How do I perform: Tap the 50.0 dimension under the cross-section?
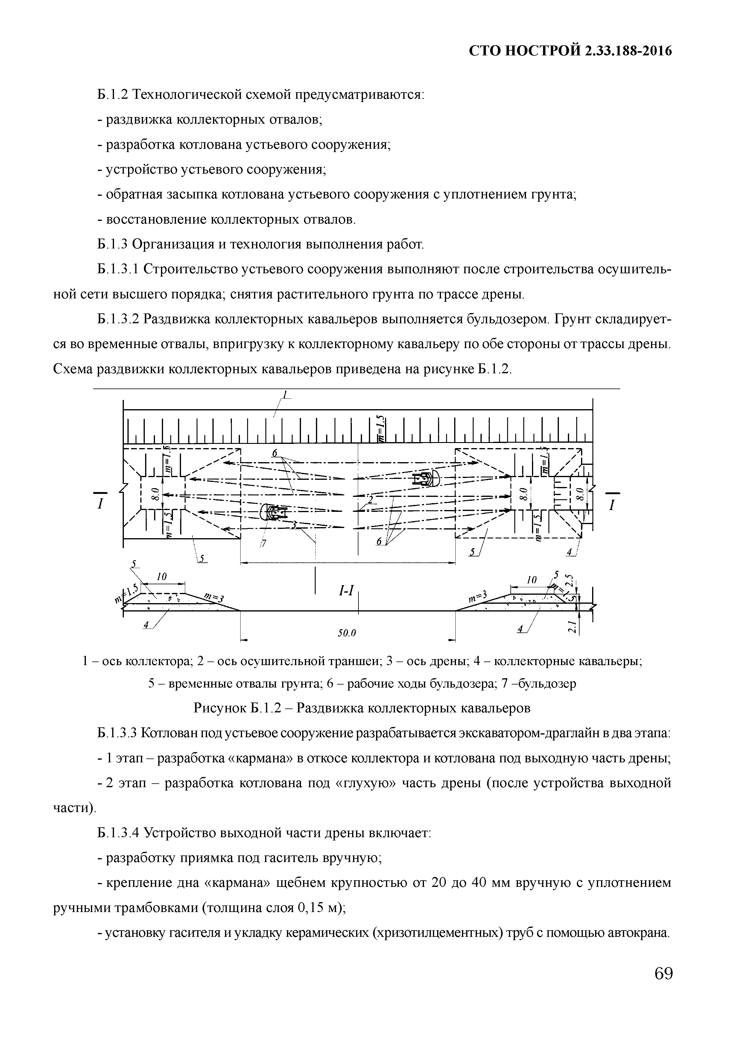click(x=346, y=633)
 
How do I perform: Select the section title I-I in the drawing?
click(x=346, y=591)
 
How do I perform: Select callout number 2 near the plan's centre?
click(x=371, y=499)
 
